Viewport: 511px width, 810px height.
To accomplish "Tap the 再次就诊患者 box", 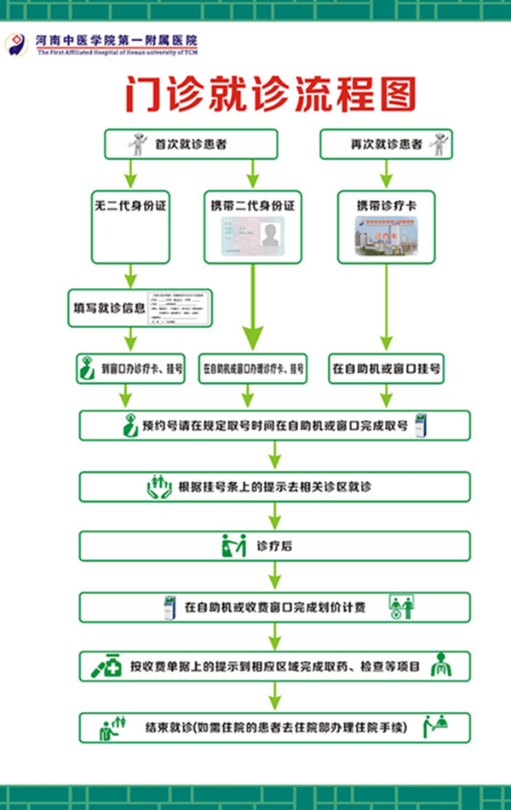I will (386, 144).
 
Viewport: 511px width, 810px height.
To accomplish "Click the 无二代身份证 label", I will (129, 205).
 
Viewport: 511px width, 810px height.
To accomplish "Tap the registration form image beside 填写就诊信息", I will (179, 307).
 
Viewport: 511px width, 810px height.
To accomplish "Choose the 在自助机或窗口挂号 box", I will (386, 370).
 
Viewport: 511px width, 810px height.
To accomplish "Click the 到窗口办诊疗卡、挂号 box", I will (130, 370).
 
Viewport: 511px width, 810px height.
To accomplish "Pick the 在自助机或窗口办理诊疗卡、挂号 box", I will (253, 370).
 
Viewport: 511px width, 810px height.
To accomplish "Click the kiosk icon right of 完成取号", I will (420, 425).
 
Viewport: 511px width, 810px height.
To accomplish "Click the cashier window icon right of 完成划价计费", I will (401, 607).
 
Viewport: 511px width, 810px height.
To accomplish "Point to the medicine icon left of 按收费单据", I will (106, 666).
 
